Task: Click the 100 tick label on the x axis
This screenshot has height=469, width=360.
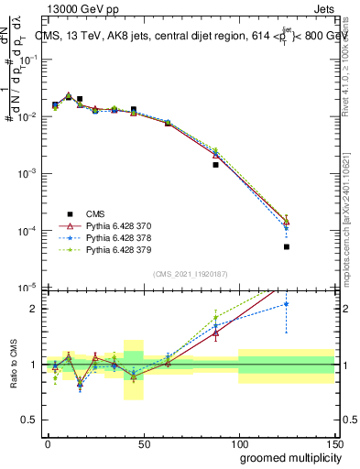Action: pyautogui.click(x=238, y=442)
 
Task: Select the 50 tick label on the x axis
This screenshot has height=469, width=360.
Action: pyautogui.click(x=143, y=442)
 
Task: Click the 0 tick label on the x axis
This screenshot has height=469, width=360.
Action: pyautogui.click(x=48, y=442)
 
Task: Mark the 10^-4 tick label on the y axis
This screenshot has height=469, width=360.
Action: pyautogui.click(x=26, y=231)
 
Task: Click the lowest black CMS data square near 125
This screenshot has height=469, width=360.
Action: pyautogui.click(x=287, y=246)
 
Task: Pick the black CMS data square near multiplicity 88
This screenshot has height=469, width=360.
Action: pyautogui.click(x=216, y=165)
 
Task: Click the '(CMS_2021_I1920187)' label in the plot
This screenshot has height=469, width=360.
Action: pyautogui.click(x=191, y=273)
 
